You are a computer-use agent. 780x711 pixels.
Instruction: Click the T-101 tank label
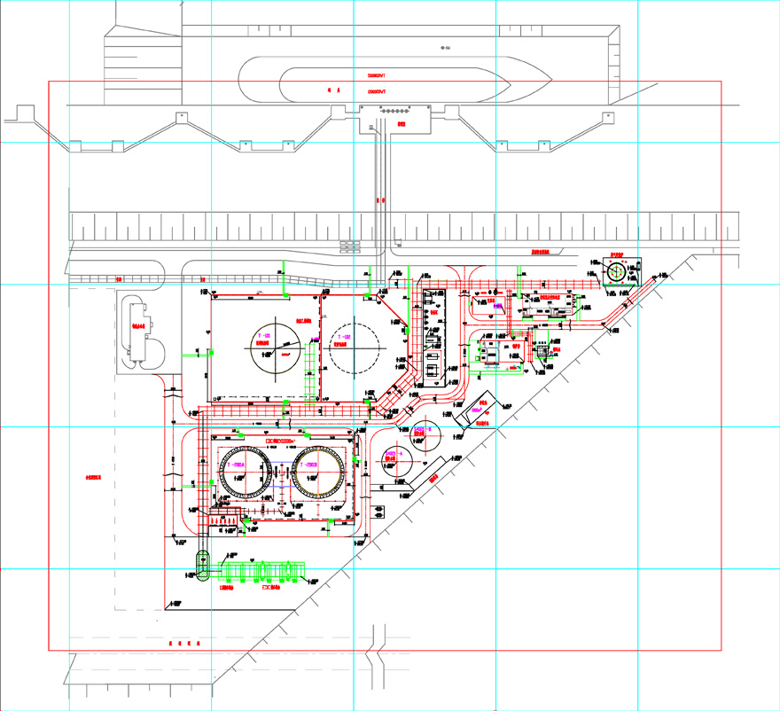(263, 336)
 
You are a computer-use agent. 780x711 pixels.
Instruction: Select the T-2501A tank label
(238, 465)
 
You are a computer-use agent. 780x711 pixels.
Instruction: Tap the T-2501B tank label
(309, 465)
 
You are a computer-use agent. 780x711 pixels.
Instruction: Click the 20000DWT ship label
(381, 90)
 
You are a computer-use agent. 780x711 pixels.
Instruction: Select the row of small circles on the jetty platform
(392, 112)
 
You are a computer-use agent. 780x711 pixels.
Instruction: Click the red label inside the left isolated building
(138, 326)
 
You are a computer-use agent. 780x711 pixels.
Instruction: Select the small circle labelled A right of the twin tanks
(391, 457)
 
